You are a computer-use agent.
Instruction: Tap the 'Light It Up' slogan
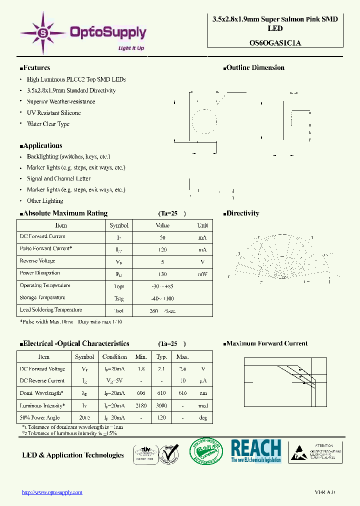click(x=130, y=48)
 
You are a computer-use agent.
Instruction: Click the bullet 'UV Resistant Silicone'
click(x=53, y=113)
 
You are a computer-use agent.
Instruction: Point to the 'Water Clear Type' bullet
click(x=48, y=124)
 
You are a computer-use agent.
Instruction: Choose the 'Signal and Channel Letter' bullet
click(x=58, y=178)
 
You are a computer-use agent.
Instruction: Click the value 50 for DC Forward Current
click(x=162, y=237)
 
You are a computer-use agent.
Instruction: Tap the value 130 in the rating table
click(x=162, y=274)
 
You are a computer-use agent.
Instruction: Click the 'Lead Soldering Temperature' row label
click(x=50, y=310)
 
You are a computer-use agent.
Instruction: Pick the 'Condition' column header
click(x=114, y=357)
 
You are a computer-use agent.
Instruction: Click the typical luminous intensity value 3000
click(x=161, y=406)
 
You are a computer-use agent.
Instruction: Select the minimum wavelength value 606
click(x=141, y=393)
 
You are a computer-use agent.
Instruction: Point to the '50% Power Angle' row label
click(x=39, y=417)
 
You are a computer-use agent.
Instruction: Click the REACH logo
click(x=256, y=450)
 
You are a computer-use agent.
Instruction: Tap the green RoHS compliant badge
click(x=206, y=452)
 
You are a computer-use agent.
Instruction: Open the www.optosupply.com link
click(x=52, y=492)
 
